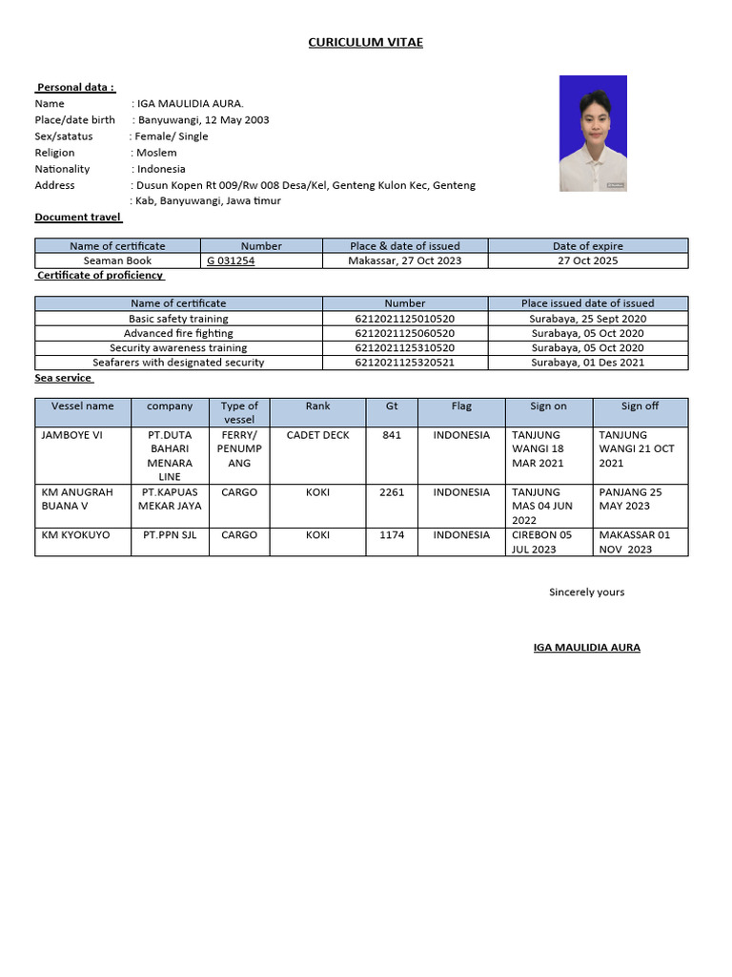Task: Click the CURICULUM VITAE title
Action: tap(365, 42)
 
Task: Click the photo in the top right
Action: tap(593, 134)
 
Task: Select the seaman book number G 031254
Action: tap(231, 260)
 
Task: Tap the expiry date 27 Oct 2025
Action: tap(587, 260)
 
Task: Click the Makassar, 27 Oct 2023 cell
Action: tap(404, 260)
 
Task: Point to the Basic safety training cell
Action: tap(178, 319)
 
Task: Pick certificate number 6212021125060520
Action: tap(404, 333)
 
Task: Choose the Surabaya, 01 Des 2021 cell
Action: tap(587, 363)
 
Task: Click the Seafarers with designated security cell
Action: tap(178, 363)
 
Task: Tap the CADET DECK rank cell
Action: tap(317, 435)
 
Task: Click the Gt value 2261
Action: tap(392, 492)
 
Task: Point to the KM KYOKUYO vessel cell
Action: tap(75, 535)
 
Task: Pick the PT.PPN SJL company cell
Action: tap(170, 535)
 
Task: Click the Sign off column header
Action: tap(640, 406)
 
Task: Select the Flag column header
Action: tap(461, 406)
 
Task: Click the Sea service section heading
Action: tap(64, 378)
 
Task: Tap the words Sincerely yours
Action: tap(586, 592)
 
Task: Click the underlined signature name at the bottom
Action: tap(586, 648)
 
